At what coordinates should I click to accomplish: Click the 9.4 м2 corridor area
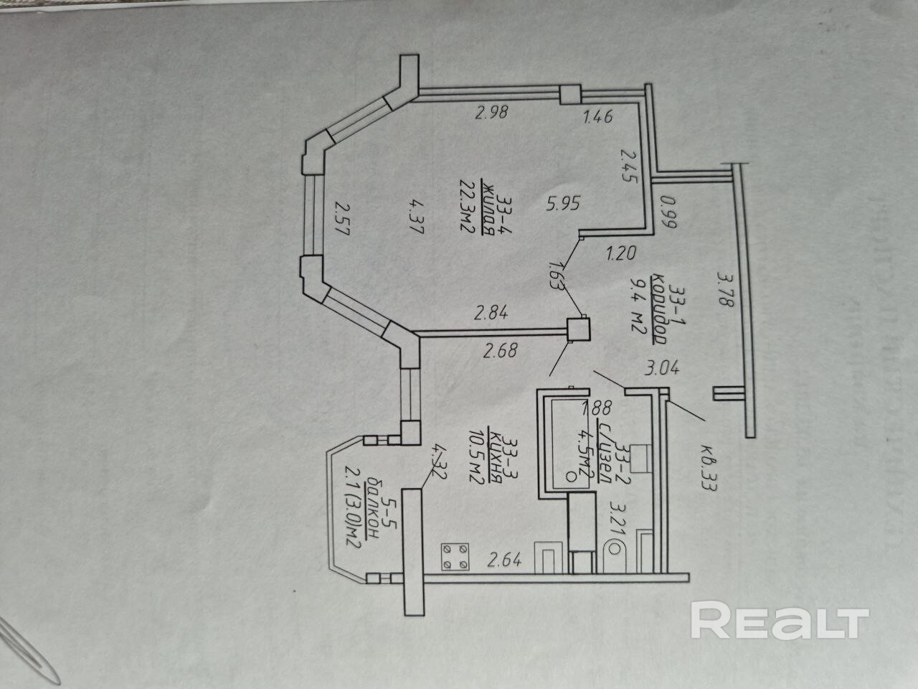click(634, 307)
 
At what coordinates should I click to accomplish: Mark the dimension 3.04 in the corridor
click(662, 370)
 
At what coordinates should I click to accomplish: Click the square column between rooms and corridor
click(578, 329)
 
